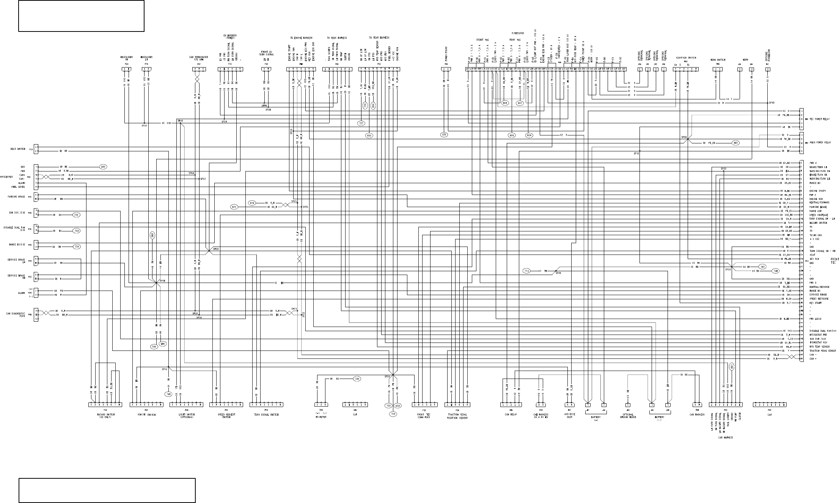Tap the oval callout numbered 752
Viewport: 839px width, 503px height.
[77, 215]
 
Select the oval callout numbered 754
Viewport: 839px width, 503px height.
[77, 247]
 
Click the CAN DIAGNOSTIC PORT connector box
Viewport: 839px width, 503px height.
[36, 314]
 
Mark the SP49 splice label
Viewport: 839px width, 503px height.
[162, 281]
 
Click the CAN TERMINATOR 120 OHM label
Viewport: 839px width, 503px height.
[198, 58]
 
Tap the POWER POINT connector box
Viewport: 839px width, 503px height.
[446, 69]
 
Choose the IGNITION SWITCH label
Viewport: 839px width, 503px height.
[686, 58]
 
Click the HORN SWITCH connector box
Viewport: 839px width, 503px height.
[718, 69]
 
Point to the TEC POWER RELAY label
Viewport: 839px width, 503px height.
[819, 119]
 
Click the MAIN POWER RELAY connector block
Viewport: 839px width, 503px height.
[801, 143]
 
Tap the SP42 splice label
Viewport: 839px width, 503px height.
[771, 103]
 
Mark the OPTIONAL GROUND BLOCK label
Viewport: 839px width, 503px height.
[628, 416]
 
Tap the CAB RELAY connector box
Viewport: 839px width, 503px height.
[511, 405]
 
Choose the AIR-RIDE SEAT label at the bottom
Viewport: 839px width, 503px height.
[570, 416]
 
